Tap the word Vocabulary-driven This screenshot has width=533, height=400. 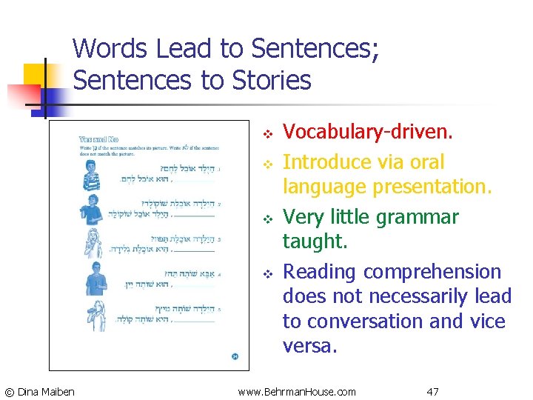coord(368,132)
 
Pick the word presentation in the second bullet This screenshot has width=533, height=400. coord(432,187)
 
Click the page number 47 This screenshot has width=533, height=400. coord(434,391)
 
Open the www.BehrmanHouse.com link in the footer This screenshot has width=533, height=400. coord(297,391)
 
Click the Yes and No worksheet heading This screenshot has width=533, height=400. coord(98,139)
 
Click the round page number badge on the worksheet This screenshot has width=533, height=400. coord(235,357)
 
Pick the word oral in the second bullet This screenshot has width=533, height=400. coord(426,162)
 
